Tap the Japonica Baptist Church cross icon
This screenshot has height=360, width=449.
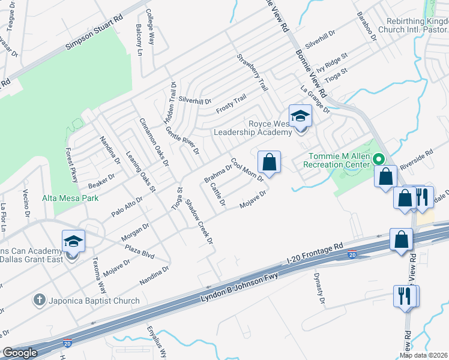tap(40, 300)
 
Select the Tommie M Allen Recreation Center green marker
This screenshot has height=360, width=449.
tap(379, 159)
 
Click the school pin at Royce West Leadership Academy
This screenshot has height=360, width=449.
tap(300, 116)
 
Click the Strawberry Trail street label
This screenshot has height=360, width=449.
tap(252, 73)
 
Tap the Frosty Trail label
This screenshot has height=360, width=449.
tap(232, 106)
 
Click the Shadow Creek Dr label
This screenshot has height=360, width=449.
tap(199, 221)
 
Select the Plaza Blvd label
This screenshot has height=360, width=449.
tap(139, 251)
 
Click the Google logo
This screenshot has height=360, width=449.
tap(20, 353)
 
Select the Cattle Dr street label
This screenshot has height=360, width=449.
tap(218, 194)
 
